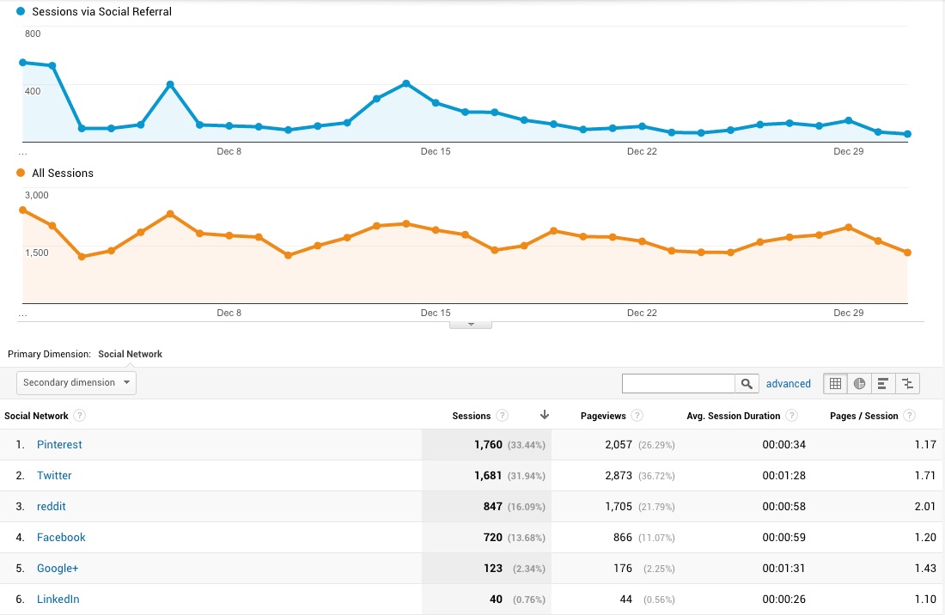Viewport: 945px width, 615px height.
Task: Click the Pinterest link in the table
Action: (x=59, y=445)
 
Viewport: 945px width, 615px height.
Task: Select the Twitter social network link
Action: (x=54, y=476)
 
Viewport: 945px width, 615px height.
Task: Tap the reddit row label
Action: (x=52, y=507)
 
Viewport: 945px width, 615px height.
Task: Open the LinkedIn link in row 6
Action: (x=58, y=600)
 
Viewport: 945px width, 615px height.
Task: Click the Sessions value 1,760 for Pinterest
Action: (x=492, y=445)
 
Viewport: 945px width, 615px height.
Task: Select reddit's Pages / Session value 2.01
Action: (x=924, y=507)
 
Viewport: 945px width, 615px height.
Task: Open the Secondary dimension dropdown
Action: (x=76, y=383)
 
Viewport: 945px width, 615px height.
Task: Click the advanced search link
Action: (x=788, y=384)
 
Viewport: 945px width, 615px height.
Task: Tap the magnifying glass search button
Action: (x=747, y=384)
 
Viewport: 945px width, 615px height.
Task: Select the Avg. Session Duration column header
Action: (x=733, y=416)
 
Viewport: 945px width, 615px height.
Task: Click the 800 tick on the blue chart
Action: (x=33, y=33)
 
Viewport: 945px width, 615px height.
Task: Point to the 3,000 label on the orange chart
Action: (x=36, y=195)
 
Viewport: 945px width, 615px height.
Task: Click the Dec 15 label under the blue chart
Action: (x=436, y=151)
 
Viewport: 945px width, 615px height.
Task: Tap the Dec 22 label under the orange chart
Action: (x=642, y=313)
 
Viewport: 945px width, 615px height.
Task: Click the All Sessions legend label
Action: (x=62, y=174)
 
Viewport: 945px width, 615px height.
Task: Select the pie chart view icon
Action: (x=860, y=384)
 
